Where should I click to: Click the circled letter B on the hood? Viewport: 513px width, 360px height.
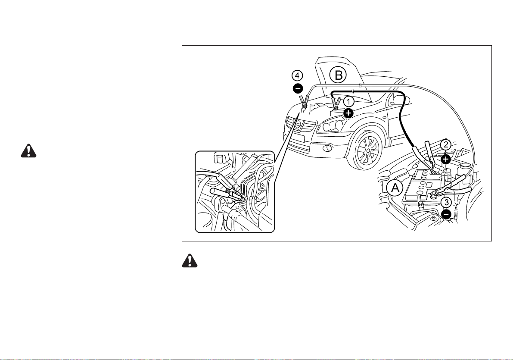(x=338, y=75)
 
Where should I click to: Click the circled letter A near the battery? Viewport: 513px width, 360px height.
(x=395, y=188)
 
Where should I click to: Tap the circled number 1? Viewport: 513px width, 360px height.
(x=349, y=102)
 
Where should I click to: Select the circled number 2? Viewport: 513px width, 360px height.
(x=446, y=145)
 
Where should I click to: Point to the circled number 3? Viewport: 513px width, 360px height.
(x=446, y=203)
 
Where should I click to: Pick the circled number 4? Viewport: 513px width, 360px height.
(x=297, y=76)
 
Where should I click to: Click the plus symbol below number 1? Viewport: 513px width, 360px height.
(x=349, y=113)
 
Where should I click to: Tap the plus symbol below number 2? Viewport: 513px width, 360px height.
(x=446, y=159)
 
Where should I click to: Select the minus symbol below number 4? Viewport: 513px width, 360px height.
(x=298, y=88)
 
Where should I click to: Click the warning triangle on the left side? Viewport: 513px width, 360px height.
(x=29, y=150)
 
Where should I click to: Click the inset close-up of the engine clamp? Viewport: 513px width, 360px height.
(x=235, y=192)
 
